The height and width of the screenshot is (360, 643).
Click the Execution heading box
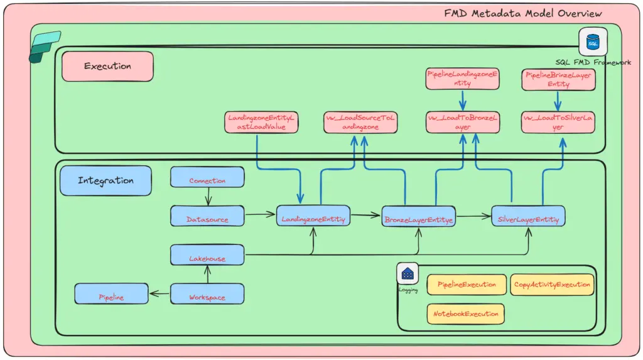pyautogui.click(x=107, y=67)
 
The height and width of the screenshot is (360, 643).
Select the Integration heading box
pyautogui.click(x=105, y=181)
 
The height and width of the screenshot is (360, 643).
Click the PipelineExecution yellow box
pyautogui.click(x=466, y=285)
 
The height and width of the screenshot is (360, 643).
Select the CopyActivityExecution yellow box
pyautogui.click(x=552, y=285)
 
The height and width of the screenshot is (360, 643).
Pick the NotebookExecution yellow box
pyautogui.click(x=465, y=314)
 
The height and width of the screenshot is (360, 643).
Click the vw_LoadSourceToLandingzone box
pyautogui.click(x=361, y=123)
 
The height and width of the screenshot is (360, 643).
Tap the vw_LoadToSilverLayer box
pyautogui.click(x=558, y=123)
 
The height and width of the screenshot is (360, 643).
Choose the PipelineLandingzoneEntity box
pyautogui.click(x=462, y=79)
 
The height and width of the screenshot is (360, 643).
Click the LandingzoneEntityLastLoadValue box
pyautogui.click(x=261, y=123)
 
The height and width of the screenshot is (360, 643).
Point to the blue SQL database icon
pyautogui.click(x=592, y=42)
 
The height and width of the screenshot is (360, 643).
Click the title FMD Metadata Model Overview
pyautogui.click(x=522, y=13)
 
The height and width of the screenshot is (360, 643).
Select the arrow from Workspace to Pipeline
pyautogui.click(x=160, y=293)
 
